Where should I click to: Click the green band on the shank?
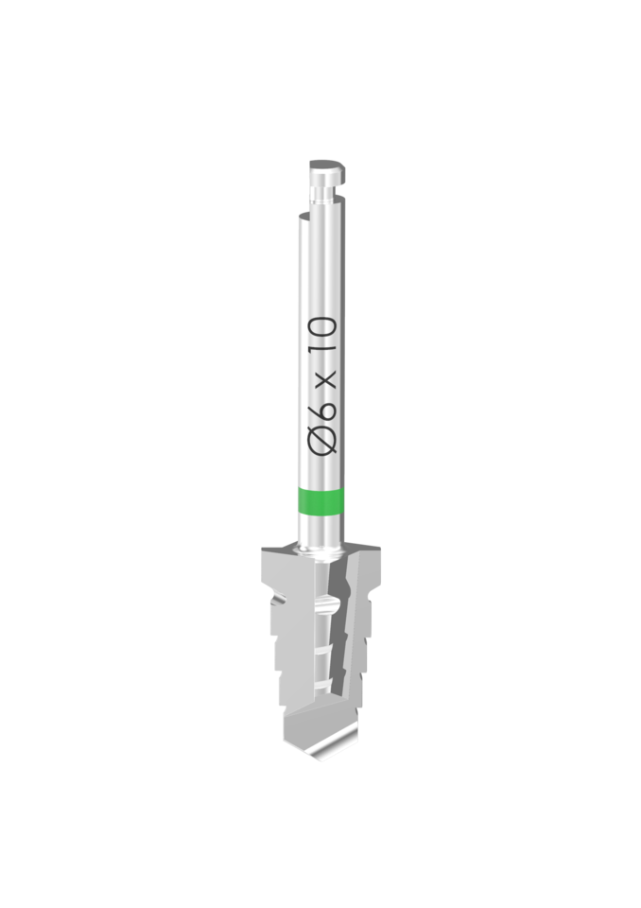pyautogui.click(x=320, y=501)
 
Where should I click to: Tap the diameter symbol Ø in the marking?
pyautogui.click(x=322, y=440)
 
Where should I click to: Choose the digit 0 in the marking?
pyautogui.click(x=323, y=330)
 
